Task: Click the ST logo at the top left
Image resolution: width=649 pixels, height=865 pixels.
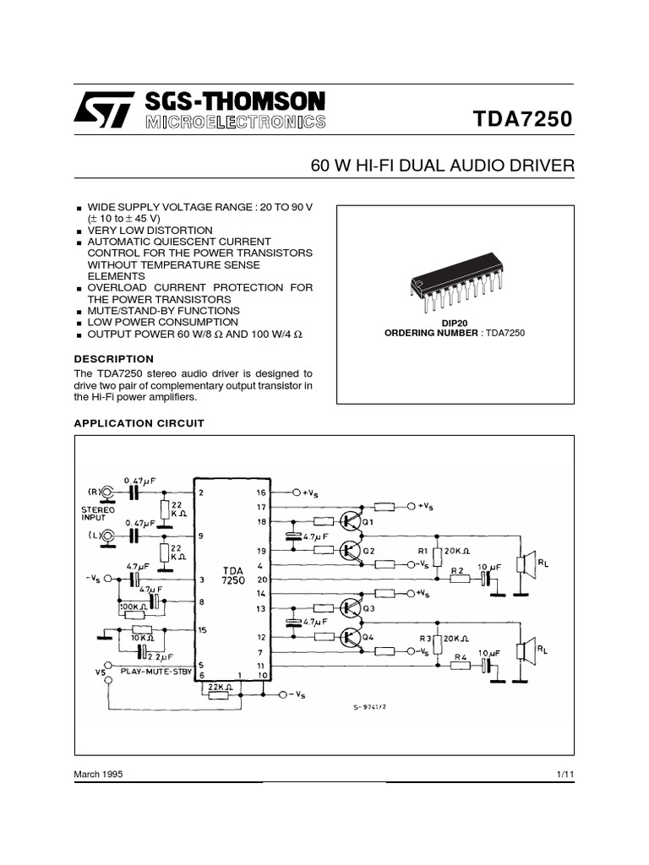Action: point(103,110)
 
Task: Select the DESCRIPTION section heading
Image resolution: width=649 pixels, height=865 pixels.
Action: point(113,359)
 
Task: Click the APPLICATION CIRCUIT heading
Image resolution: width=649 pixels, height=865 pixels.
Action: point(139,423)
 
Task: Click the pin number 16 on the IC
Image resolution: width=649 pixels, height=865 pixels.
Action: point(261,492)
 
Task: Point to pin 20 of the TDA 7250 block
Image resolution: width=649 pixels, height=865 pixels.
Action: point(261,579)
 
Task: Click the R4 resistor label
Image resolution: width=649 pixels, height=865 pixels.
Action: point(460,656)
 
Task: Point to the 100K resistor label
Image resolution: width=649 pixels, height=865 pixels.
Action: point(133,606)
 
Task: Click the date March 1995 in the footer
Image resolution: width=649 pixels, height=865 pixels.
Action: point(98,775)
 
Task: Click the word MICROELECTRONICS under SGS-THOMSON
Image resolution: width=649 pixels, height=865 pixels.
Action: point(235,123)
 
